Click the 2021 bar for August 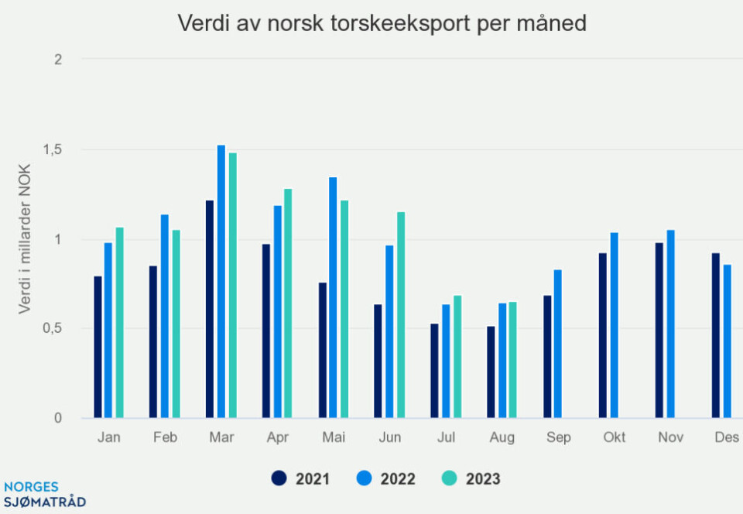(x=491, y=372)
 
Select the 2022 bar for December (x=727, y=341)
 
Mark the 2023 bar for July (x=457, y=357)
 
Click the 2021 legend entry (x=301, y=479)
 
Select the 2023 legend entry (x=471, y=479)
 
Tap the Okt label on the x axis (x=614, y=438)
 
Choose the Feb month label (x=165, y=438)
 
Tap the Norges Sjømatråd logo (x=43, y=494)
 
